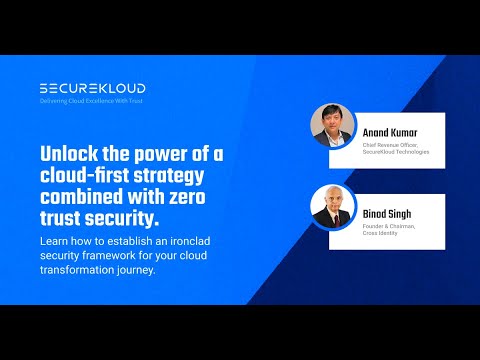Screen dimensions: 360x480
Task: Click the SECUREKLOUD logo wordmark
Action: point(92,88)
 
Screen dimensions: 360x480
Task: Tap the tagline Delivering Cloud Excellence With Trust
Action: point(92,102)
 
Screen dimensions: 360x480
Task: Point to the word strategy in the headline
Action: point(180,176)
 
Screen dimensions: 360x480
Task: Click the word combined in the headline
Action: point(84,197)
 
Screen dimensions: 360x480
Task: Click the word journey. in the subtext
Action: point(166,270)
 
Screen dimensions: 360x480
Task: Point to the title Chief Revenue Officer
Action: point(394,144)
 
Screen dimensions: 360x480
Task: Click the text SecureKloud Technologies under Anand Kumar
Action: point(395,151)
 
